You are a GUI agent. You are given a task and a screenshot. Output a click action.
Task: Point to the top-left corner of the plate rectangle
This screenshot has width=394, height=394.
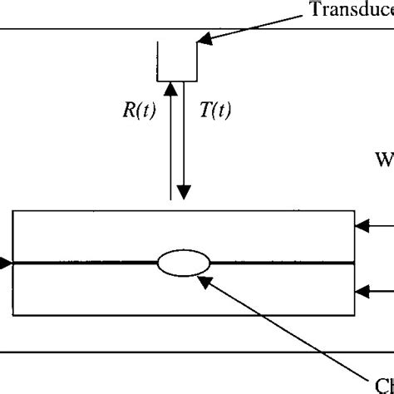tap(13, 213)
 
